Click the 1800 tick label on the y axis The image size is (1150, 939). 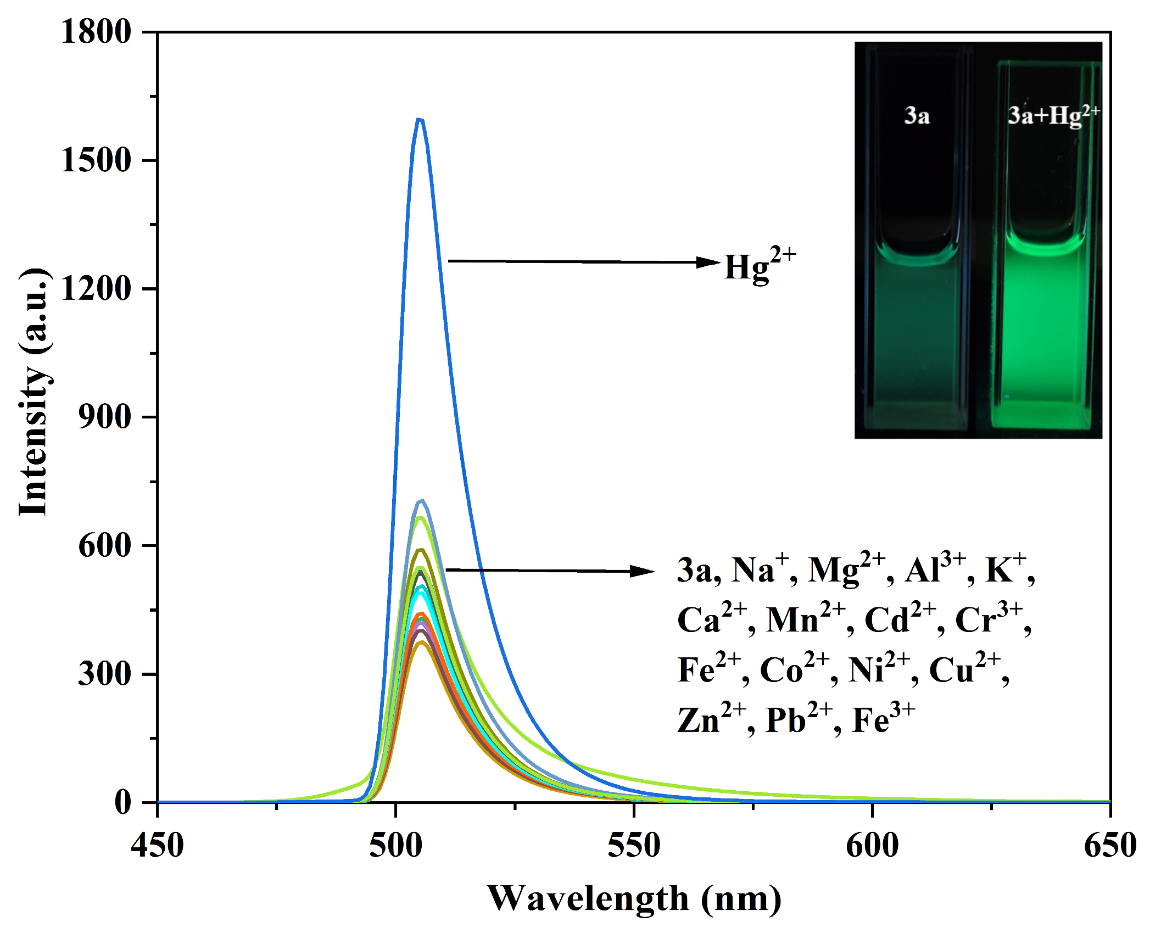[x=96, y=31]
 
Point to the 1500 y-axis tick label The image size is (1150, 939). [x=96, y=160]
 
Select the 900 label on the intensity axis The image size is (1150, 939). [x=104, y=417]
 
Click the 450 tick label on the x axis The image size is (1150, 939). [x=157, y=845]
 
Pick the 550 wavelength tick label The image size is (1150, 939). [x=634, y=845]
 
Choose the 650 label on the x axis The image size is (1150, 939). [x=1109, y=845]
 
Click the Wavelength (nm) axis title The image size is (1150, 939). [x=634, y=898]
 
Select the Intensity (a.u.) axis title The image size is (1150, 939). [x=34, y=392]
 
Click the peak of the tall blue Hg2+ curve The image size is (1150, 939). [x=420, y=119]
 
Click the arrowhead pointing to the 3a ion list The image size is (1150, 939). [x=643, y=571]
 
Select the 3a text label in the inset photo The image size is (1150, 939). [x=917, y=116]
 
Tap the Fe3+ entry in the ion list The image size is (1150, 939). [x=883, y=719]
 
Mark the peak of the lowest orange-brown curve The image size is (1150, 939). [x=422, y=642]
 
